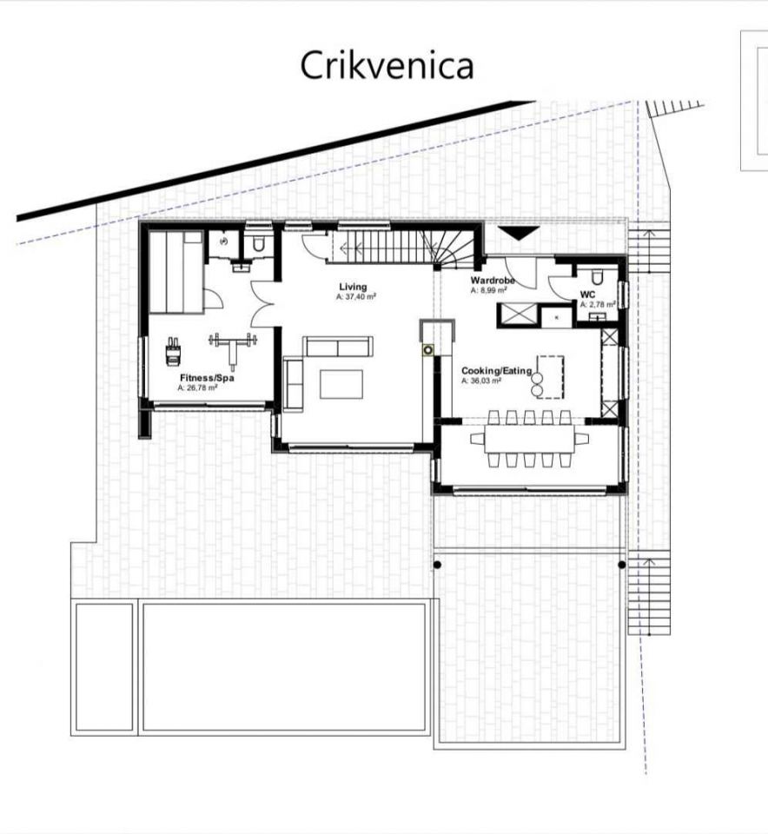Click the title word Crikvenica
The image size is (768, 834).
(387, 65)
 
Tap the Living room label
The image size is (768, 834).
(353, 288)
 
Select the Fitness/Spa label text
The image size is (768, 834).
(207, 378)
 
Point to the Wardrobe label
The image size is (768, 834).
(493, 281)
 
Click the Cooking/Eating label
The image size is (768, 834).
(497, 371)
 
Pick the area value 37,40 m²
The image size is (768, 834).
(356, 297)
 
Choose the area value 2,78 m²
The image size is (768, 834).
(598, 305)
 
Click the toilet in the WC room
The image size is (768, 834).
(597, 276)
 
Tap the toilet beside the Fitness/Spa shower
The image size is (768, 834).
(259, 244)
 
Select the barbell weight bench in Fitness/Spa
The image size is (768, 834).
(233, 348)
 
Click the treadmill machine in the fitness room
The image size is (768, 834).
(174, 352)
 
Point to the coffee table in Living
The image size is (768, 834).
(341, 384)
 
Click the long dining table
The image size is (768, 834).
(530, 439)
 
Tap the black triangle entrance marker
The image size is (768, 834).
(519, 234)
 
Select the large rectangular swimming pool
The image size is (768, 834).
(285, 667)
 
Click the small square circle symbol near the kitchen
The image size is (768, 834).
(428, 350)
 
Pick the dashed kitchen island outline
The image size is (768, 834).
(551, 376)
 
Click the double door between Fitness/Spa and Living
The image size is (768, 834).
(262, 303)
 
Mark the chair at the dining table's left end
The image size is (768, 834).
(477, 439)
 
